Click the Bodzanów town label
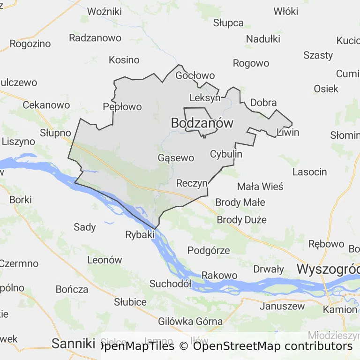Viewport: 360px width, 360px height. [x=202, y=123]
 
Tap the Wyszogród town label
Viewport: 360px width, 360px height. [x=328, y=270]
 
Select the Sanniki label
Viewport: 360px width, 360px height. [x=73, y=344]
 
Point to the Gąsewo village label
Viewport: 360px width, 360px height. [x=176, y=157]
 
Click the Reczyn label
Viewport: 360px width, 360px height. [x=192, y=183]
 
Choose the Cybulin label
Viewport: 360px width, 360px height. [x=226, y=154]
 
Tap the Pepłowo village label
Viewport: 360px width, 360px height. [x=122, y=107]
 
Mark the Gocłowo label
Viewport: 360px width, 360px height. [x=195, y=75]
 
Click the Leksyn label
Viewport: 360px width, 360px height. [x=205, y=98]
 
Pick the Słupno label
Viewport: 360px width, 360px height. [x=55, y=133]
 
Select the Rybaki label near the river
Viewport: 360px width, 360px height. [x=140, y=234]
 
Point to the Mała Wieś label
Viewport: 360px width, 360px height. [x=260, y=187]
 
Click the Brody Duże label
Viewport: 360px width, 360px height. [x=241, y=219]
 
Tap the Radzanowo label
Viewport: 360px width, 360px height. [x=95, y=38]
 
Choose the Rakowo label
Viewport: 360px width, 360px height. [x=219, y=275]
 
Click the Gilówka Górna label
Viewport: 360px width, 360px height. [x=190, y=321]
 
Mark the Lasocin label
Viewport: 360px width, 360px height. [x=309, y=172]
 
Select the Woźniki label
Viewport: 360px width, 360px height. [x=105, y=12]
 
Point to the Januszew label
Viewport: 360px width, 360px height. [x=282, y=307]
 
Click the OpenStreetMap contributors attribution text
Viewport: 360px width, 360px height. [x=272, y=346]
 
